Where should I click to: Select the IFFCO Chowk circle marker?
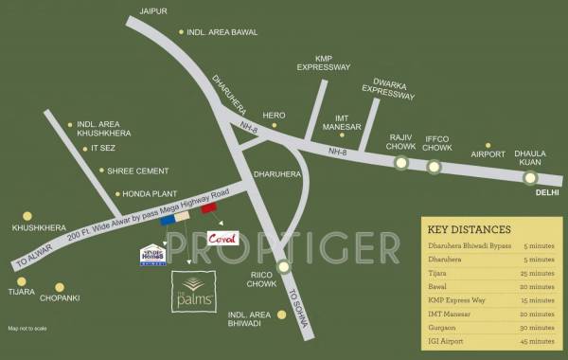pos(434,168)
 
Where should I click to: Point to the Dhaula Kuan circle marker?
pos(531,176)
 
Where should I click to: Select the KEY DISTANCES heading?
pos(470,228)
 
